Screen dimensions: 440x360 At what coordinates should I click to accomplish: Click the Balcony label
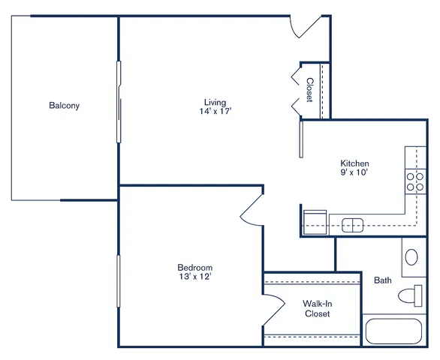tap(65, 106)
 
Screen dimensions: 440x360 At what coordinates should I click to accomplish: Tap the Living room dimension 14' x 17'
tap(215, 111)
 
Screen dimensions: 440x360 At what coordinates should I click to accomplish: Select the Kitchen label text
tap(354, 163)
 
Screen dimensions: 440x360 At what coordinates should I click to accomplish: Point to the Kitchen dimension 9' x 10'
tap(354, 172)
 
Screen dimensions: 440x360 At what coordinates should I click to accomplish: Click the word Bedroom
tap(195, 267)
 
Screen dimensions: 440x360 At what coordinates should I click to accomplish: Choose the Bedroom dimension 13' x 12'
tap(195, 277)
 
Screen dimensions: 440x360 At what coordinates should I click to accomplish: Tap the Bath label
tap(383, 280)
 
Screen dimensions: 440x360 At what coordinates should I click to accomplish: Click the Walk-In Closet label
tap(318, 308)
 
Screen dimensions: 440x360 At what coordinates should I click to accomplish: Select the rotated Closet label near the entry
tap(310, 90)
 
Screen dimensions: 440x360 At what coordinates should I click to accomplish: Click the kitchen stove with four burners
tap(415, 181)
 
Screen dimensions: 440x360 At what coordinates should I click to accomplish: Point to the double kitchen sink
tap(352, 226)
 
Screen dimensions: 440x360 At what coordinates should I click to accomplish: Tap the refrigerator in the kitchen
tap(315, 222)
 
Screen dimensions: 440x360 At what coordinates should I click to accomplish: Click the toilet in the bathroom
tap(410, 295)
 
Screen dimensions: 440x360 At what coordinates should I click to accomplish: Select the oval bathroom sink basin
tap(411, 256)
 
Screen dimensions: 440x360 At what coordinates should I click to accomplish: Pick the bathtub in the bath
tap(394, 331)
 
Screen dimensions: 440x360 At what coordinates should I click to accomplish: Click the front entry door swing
tap(305, 27)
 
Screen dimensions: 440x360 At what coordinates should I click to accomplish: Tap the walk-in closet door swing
tap(274, 310)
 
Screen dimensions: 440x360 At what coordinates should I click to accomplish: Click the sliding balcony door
tap(119, 102)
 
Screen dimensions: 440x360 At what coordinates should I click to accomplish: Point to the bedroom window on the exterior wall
tap(119, 281)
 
